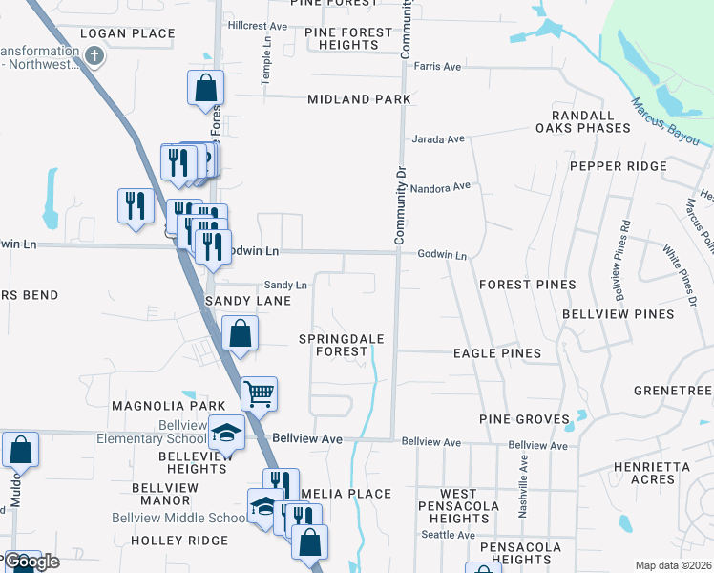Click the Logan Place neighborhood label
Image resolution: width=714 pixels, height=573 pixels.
pyautogui.click(x=128, y=33)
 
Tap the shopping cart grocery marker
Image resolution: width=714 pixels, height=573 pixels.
pyautogui.click(x=259, y=393)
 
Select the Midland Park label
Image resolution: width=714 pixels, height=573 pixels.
pyautogui.click(x=359, y=99)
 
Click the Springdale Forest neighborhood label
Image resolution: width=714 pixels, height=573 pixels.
pyautogui.click(x=333, y=346)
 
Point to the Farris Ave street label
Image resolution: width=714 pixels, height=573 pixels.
pyautogui.click(x=438, y=67)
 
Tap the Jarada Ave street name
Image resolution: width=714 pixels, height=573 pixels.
pyautogui.click(x=437, y=139)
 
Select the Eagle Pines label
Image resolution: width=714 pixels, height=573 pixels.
pyautogui.click(x=496, y=353)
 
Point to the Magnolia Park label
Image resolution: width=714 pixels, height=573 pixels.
pyautogui.click(x=154, y=406)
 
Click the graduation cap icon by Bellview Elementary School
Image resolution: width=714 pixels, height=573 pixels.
pyautogui.click(x=227, y=435)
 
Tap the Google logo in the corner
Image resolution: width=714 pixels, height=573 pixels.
pyautogui.click(x=31, y=562)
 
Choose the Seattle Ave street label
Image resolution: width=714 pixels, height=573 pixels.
pyautogui.click(x=448, y=535)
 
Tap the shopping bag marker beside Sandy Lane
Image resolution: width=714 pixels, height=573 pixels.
pyautogui.click(x=240, y=334)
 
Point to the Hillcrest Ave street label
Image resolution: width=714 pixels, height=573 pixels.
pyautogui.click(x=257, y=26)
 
